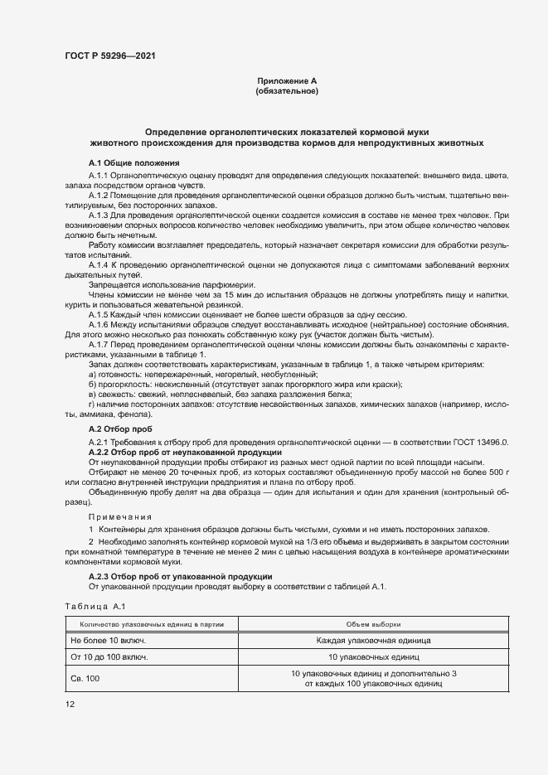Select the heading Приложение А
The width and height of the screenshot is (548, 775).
(287, 80)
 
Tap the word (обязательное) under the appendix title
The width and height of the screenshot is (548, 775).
(287, 90)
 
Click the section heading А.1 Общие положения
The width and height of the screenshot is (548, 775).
(128, 162)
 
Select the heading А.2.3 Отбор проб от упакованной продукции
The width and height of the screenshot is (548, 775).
(180, 576)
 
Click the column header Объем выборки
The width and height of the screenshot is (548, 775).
(373, 624)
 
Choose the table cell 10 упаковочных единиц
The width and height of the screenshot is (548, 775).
(373, 657)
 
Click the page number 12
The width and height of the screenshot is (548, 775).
(70, 705)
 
